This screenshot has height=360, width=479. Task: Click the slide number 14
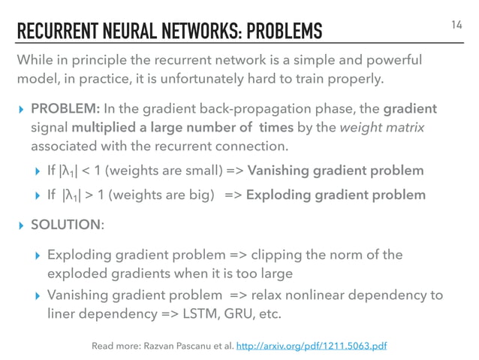coord(457,26)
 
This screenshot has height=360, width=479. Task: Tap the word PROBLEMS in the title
coord(285,32)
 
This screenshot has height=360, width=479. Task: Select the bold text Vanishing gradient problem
coord(336,171)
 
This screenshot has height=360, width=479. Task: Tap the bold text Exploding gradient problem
coord(335,195)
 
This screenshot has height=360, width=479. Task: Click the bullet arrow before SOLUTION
coord(22,225)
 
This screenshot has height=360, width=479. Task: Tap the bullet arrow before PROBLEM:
coord(22,110)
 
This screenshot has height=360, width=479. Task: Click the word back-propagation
coord(218,110)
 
